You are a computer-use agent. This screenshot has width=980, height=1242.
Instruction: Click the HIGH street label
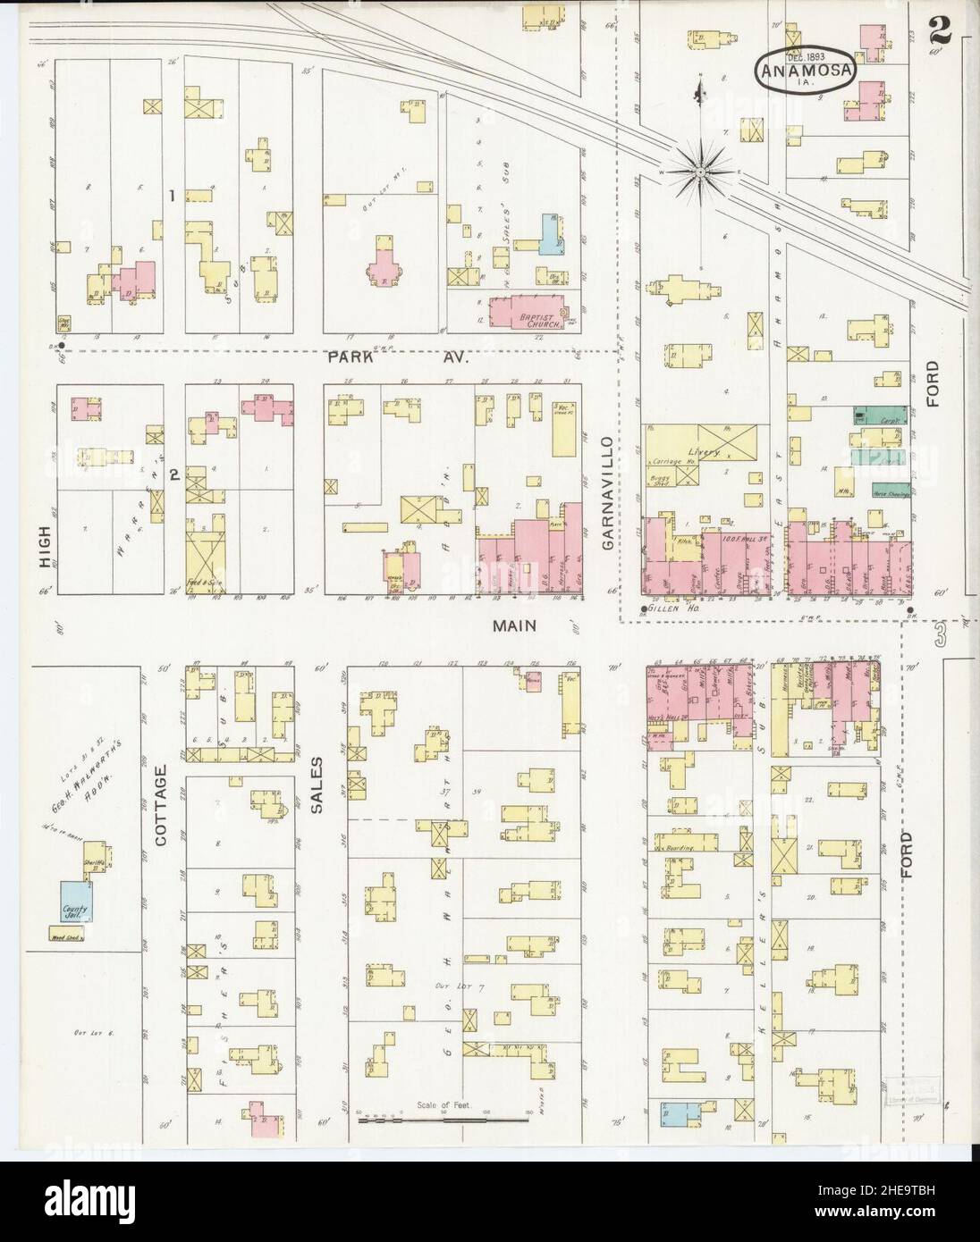pyautogui.click(x=45, y=546)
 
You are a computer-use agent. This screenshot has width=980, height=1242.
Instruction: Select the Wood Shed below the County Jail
pyautogui.click(x=67, y=936)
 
